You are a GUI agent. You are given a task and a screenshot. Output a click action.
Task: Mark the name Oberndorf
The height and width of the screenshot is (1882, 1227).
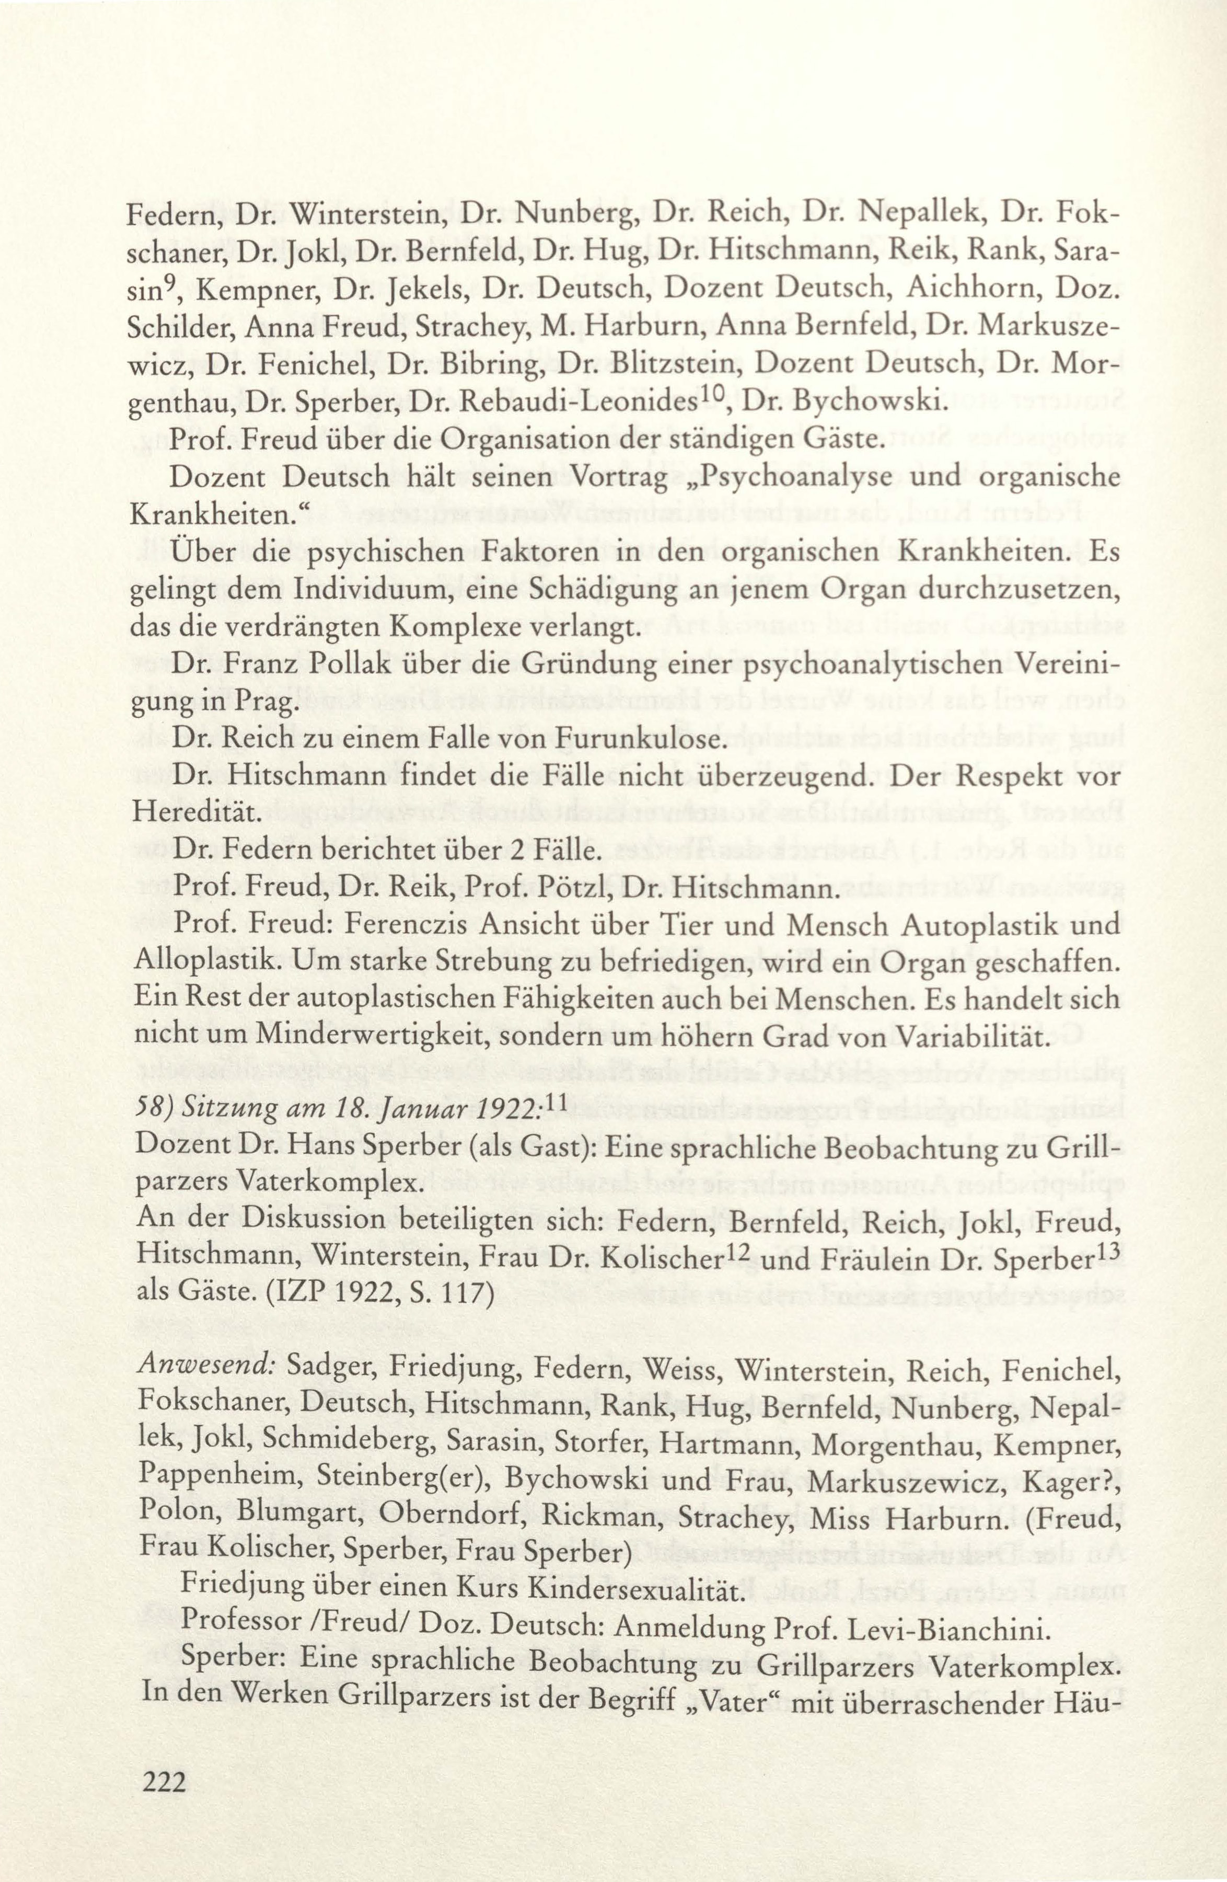(449, 1512)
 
